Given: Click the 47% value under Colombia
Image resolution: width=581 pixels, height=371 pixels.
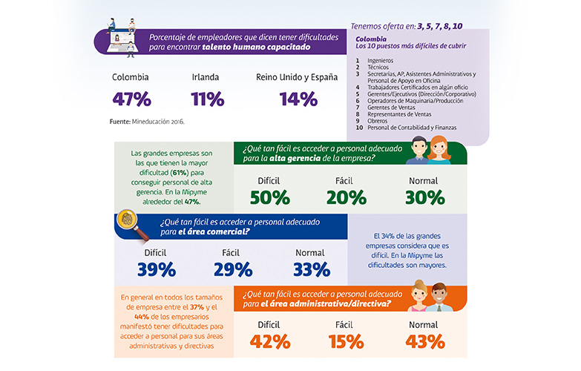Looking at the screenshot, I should pyautogui.click(x=131, y=99).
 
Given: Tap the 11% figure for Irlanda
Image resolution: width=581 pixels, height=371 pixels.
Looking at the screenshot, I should pyautogui.click(x=207, y=99).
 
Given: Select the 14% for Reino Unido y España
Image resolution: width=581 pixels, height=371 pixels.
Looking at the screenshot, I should pyautogui.click(x=296, y=99).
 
